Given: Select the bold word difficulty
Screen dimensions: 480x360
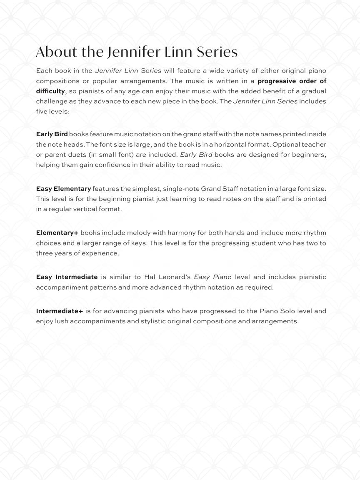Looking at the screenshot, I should point(50,91).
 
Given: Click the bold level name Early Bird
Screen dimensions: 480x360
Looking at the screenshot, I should point(52,134).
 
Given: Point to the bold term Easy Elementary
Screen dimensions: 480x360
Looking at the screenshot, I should point(63,189).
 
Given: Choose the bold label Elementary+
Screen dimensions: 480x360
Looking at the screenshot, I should point(57,233).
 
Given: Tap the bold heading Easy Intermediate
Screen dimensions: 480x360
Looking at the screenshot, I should point(67,277).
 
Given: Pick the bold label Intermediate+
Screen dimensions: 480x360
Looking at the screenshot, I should point(60,311).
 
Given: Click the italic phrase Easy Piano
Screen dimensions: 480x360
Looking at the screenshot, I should point(212,277).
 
